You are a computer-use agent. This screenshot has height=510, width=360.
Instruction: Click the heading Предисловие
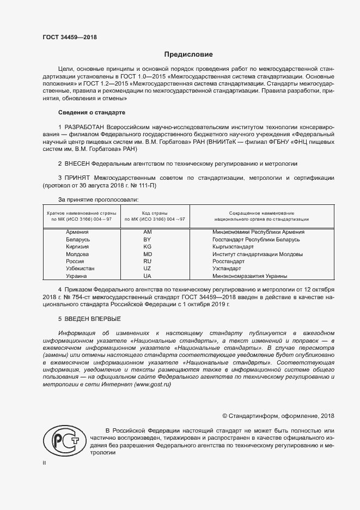pyautogui.click(x=188, y=54)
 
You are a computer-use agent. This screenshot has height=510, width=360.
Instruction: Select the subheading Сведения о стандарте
pyautogui.click(x=91, y=112)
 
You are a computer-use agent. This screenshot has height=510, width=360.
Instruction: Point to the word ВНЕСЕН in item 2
pyautogui.click(x=77, y=163)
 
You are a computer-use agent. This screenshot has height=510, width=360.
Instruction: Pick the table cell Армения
pyautogui.click(x=77, y=232)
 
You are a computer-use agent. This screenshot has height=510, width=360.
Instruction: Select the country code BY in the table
pyautogui.click(x=147, y=239)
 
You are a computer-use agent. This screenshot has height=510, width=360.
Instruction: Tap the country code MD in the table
pyautogui.click(x=147, y=254)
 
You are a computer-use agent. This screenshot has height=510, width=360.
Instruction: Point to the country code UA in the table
pyautogui.click(x=147, y=276)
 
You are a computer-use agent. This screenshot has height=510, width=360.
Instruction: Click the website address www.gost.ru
pyautogui.click(x=152, y=384)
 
